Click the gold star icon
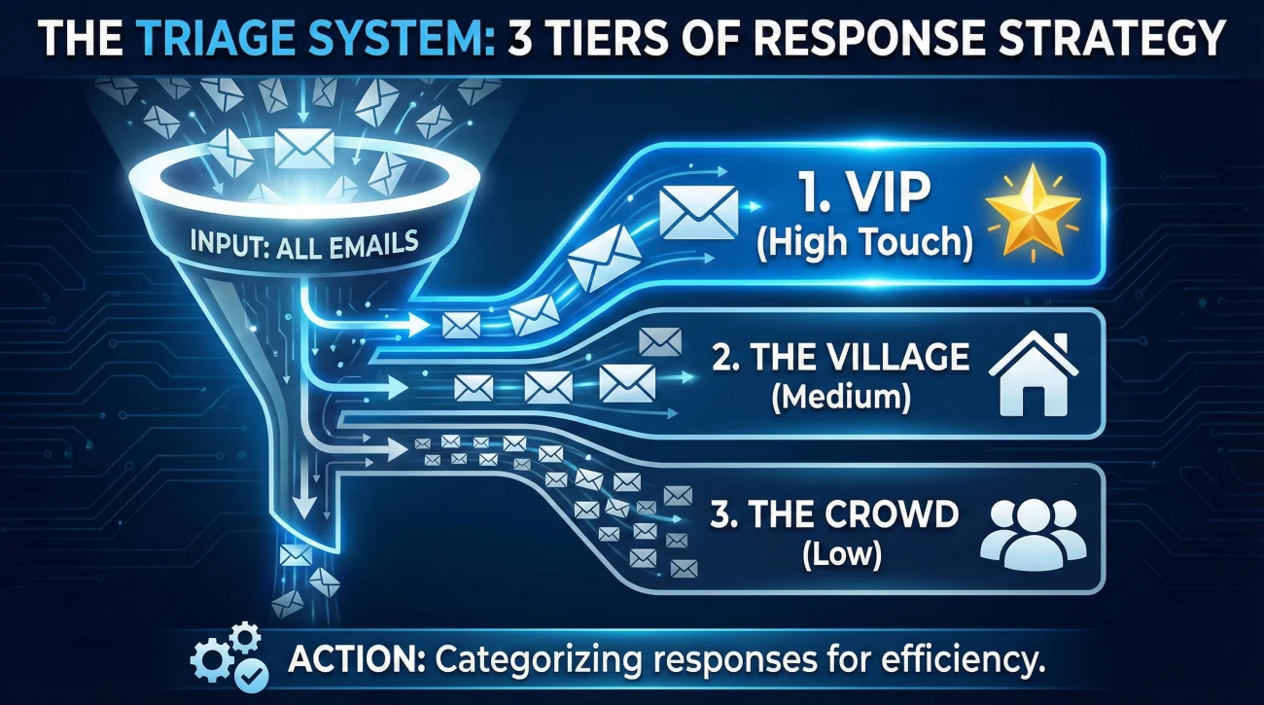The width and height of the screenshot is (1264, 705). tap(1033, 212)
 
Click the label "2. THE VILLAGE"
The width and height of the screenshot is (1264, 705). tap(840, 358)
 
